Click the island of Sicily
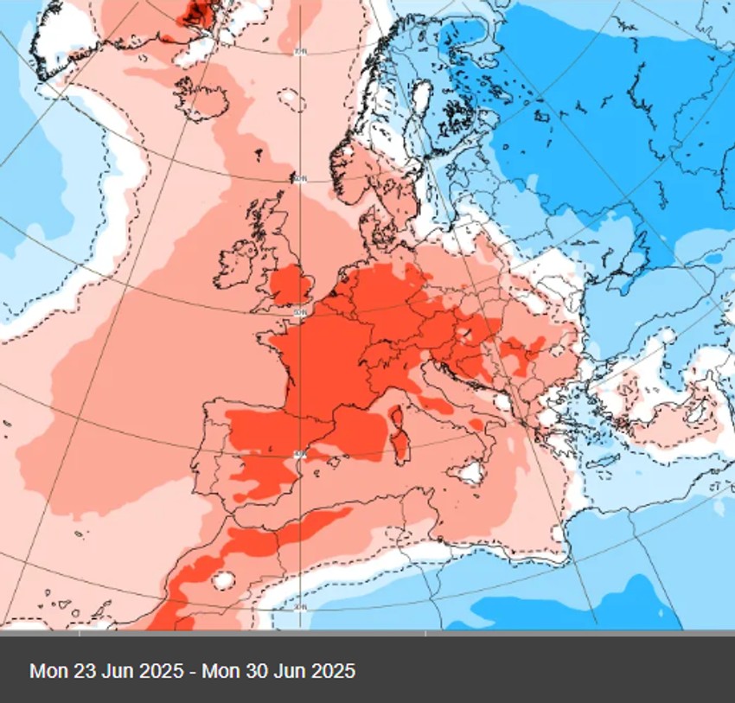tap(470, 472)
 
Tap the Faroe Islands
tap(257, 156)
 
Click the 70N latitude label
tap(300, 52)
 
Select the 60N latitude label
tap(300, 178)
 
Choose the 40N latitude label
tap(298, 453)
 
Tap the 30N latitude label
tap(299, 608)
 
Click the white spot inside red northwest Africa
tap(224, 580)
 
